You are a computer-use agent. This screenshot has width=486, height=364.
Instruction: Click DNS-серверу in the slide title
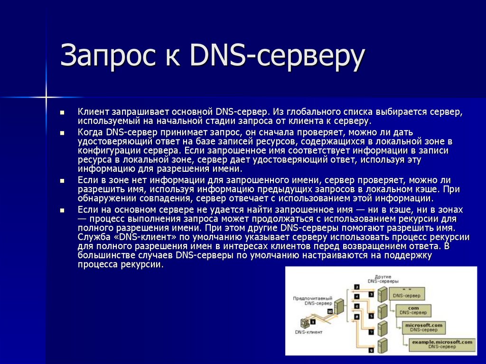pos(277,56)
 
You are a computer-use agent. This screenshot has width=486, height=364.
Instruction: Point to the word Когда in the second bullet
pos(91,131)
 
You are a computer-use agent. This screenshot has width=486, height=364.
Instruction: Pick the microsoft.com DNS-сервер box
pos(424,327)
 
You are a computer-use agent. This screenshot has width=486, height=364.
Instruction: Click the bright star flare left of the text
pos(47,97)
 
